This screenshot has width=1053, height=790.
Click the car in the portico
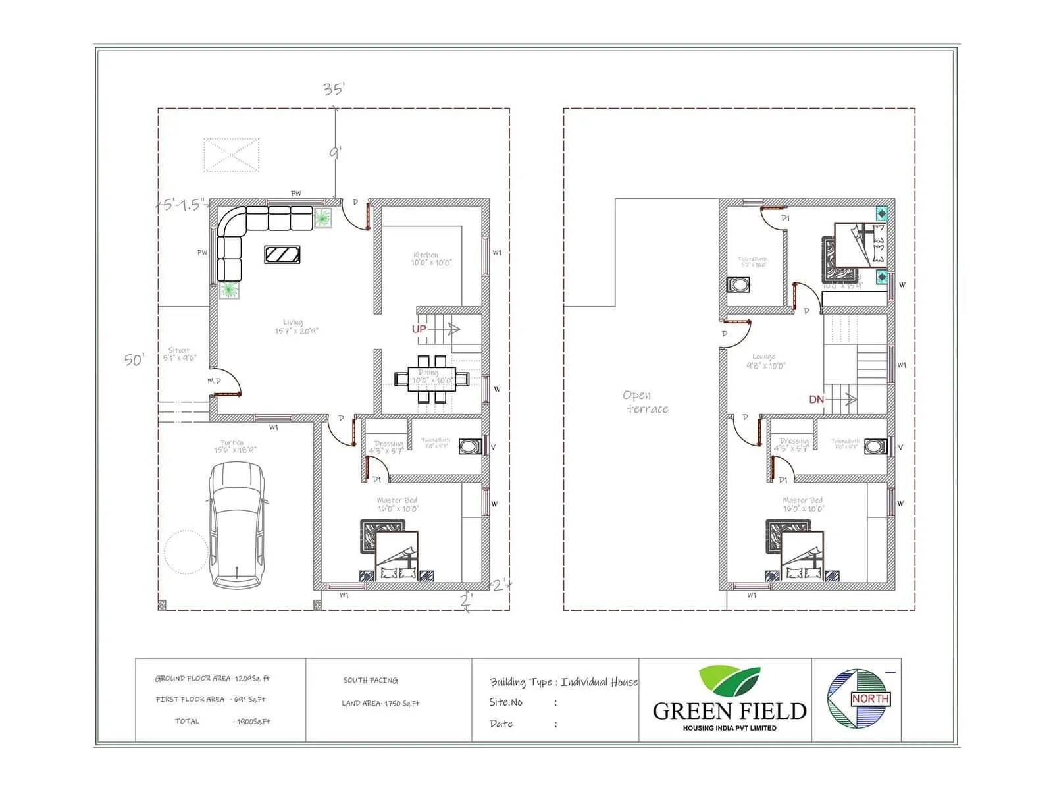[237, 525]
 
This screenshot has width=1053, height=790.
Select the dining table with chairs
[432, 379]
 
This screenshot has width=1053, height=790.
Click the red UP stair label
[419, 329]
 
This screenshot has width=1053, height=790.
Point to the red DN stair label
[816, 400]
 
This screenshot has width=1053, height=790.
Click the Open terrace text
[645, 402]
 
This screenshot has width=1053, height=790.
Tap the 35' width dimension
[334, 89]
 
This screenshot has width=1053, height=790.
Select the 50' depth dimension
[134, 359]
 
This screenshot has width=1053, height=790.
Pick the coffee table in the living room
[282, 254]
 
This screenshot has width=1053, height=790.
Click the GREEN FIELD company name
[729, 711]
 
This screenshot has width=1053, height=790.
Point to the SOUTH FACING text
[370, 681]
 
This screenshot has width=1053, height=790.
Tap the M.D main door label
[214, 381]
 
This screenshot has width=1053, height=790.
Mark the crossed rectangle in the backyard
[231, 155]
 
